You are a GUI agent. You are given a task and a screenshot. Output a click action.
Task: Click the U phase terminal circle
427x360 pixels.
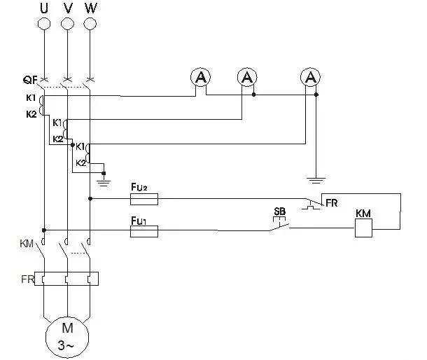(44, 24)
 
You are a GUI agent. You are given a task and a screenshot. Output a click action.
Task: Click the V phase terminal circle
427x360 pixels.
(67, 24)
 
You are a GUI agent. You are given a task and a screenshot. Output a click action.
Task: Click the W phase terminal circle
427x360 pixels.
(90, 24)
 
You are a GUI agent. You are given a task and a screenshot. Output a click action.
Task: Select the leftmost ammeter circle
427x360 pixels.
(201, 77)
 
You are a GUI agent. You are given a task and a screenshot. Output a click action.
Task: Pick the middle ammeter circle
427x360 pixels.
(246, 77)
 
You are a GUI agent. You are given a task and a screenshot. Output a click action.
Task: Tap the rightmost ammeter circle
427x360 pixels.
(309, 77)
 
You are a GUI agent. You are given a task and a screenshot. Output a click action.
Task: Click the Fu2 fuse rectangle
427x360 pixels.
(144, 199)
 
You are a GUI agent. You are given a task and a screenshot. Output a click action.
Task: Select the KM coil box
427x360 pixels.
(363, 228)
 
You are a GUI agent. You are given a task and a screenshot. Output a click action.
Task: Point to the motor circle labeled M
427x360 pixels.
(67, 335)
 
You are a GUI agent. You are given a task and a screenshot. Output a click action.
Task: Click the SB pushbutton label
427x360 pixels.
(279, 211)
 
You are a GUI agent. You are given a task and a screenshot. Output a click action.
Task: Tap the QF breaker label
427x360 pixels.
(29, 79)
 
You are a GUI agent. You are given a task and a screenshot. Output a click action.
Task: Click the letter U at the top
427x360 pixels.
(44, 8)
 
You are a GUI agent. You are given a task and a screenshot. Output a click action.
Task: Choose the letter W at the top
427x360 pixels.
(90, 8)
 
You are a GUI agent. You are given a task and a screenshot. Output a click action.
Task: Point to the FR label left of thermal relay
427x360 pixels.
(27, 279)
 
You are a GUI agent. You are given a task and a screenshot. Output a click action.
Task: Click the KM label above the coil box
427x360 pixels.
(363, 212)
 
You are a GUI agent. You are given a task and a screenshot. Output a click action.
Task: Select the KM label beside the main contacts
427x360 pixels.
(26, 244)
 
